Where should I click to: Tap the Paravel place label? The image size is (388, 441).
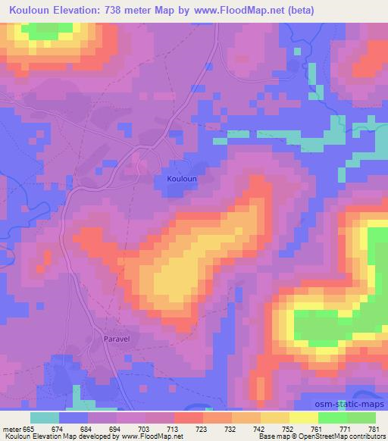(114, 340)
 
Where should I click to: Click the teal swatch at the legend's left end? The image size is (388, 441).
(45, 418)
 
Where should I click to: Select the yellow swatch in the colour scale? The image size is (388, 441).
(304, 418)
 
